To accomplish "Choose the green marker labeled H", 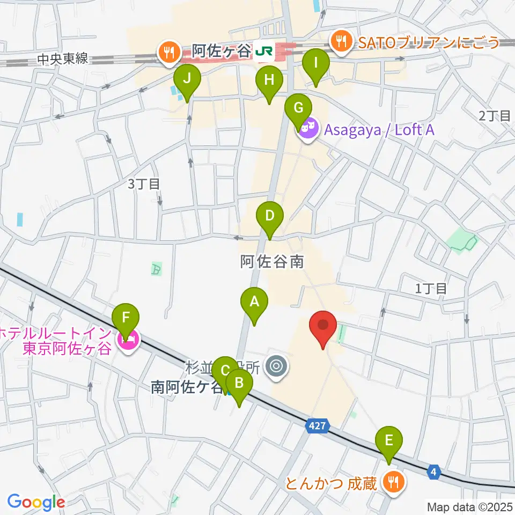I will [x=269, y=82].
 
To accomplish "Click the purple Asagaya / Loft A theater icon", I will [x=306, y=129].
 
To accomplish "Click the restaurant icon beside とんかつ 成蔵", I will [x=394, y=481].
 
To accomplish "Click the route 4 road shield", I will [x=435, y=472].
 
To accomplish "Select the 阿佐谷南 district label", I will [x=272, y=262].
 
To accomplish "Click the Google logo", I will [x=36, y=502].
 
